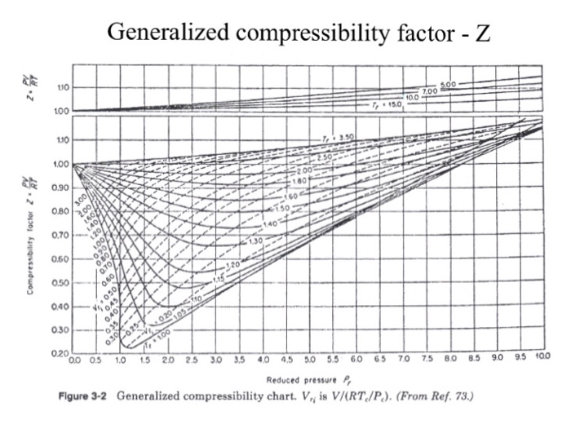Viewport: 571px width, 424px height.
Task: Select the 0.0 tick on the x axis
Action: [x=76, y=359]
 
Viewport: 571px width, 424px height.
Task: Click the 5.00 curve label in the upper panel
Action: [x=449, y=85]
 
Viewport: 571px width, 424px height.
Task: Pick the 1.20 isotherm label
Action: [x=232, y=267]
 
